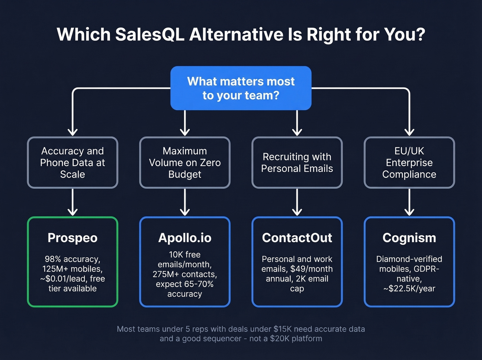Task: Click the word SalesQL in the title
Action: pos(150,35)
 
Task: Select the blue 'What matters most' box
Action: pos(241,88)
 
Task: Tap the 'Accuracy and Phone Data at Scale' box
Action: pos(73,163)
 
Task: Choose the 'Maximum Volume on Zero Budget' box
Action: pos(185,163)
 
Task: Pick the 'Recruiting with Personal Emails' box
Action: pos(297,163)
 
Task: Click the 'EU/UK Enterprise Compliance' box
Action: pos(409,163)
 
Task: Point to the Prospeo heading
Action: pos(73,238)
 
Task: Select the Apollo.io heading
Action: pos(185,238)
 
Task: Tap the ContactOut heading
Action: pos(297,238)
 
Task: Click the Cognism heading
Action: pos(409,238)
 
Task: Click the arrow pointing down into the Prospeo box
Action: pos(73,203)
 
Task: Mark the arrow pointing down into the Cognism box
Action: pos(409,203)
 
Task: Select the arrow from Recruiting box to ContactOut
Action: pos(297,203)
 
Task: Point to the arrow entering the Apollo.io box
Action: pos(185,203)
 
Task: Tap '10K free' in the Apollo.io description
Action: pos(185,255)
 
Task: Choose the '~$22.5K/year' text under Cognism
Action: pos(409,289)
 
